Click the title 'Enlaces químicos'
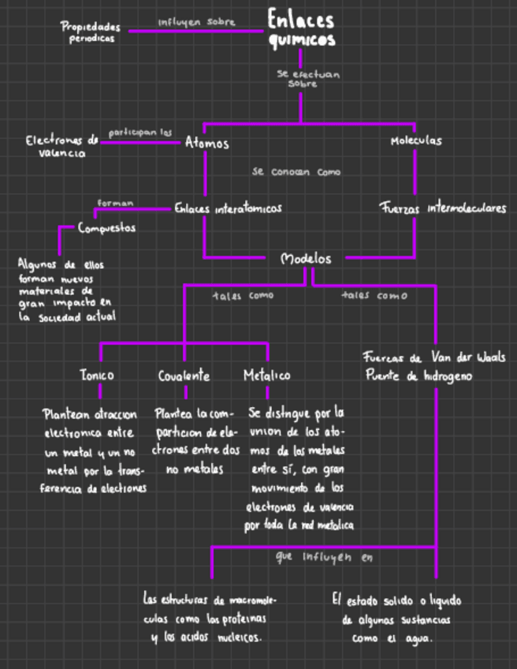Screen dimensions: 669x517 (x=300, y=28)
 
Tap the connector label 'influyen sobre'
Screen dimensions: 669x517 (x=196, y=22)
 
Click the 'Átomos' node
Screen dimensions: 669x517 (x=207, y=143)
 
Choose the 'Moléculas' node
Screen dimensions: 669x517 (x=416, y=141)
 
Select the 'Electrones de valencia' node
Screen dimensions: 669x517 (x=62, y=147)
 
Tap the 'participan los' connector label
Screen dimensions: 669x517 (x=140, y=133)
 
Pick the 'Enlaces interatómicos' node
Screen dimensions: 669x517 (x=228, y=208)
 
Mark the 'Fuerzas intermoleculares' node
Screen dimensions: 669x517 (x=442, y=209)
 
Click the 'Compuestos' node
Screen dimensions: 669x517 (x=106, y=228)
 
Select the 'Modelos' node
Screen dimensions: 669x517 (x=307, y=258)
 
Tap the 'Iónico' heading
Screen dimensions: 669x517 (x=97, y=376)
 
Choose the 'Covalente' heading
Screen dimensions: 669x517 (x=184, y=376)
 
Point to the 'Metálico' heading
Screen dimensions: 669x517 (x=266, y=376)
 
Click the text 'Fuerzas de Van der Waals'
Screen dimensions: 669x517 (x=434, y=356)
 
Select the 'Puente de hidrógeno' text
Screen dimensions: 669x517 (x=418, y=376)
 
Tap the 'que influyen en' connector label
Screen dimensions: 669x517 (x=325, y=557)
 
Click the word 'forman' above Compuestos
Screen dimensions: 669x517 (x=115, y=203)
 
